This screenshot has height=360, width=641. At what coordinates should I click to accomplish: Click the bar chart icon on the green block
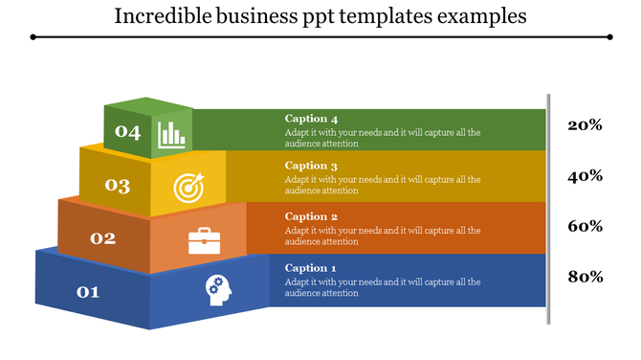coord(172,134)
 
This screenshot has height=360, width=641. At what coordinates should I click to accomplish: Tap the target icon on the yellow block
coord(188,188)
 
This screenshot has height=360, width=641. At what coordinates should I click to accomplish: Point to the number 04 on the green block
coord(127,132)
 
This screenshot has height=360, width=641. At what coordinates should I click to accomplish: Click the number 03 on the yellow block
coord(118,186)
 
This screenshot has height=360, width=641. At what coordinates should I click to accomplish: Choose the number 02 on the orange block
coord(102,237)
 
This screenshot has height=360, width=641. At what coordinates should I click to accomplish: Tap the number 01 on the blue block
coord(87,291)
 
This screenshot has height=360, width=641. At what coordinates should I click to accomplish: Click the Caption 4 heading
coord(311,119)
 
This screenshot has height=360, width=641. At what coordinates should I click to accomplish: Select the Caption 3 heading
coord(311,166)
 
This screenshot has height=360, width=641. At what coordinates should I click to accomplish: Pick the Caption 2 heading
coord(311,216)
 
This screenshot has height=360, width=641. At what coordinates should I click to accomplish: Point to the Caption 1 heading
coord(311,268)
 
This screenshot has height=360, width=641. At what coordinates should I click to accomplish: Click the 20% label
coord(585,125)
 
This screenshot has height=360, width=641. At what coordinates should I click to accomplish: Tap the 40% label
coord(585,176)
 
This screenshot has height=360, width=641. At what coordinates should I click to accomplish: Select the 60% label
coord(585,227)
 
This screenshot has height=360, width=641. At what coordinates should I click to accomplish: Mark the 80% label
coord(585,278)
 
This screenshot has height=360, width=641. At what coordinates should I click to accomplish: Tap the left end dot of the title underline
coord(33,36)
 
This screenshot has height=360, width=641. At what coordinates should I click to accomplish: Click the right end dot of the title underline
coord(610,36)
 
